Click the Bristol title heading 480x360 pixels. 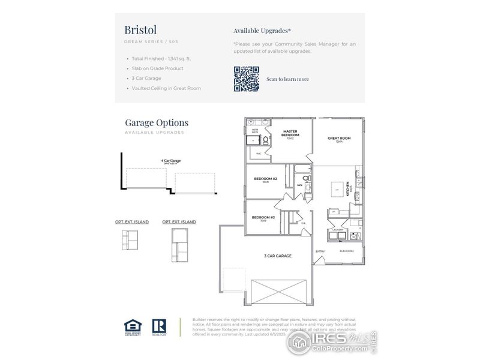(141, 29)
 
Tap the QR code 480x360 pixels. (246, 79)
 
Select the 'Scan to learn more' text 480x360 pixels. (287, 79)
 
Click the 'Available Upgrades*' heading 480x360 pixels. (262, 31)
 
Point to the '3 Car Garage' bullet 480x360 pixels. (146, 78)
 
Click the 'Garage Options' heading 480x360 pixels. (157, 123)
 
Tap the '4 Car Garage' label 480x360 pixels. (171, 161)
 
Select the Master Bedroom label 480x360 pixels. (290, 134)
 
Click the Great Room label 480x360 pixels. (339, 139)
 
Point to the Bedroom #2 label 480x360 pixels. (265, 179)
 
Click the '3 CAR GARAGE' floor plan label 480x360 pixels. (278, 256)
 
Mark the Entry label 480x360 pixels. (320, 251)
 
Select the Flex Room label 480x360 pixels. (347, 251)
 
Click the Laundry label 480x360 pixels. (337, 230)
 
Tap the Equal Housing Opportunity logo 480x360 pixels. (133, 326)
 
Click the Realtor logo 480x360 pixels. (159, 326)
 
